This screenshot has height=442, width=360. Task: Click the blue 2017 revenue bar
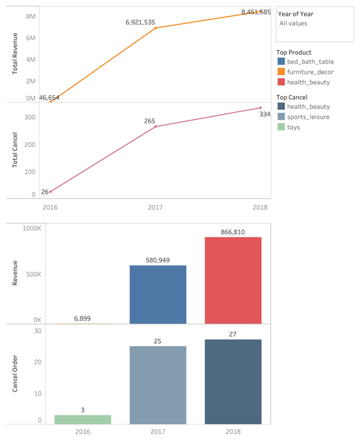[158, 294]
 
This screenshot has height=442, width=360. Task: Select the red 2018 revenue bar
[233, 280]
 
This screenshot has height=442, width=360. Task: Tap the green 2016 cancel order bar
[83, 420]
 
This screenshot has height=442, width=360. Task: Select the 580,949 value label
[158, 260]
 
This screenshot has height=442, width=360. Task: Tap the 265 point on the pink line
[155, 126]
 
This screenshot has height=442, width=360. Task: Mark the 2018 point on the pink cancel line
[260, 108]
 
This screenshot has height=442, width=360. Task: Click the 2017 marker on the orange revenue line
[155, 28]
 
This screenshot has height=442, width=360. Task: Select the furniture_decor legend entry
[310, 72]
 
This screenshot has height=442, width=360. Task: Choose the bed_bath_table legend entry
[310, 61]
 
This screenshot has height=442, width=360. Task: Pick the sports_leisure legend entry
[308, 117]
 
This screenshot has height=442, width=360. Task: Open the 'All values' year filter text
[293, 23]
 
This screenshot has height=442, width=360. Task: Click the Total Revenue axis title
[15, 55]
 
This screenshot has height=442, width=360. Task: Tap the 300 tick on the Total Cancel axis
[30, 117]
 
